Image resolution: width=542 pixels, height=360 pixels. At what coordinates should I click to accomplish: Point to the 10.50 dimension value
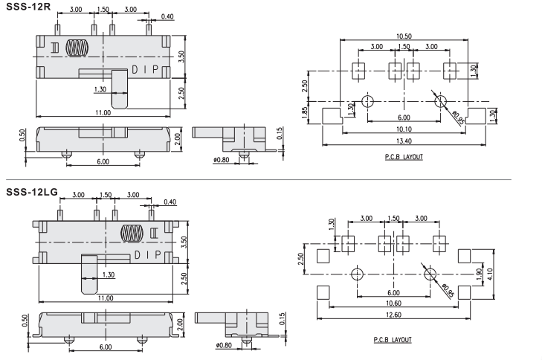404,36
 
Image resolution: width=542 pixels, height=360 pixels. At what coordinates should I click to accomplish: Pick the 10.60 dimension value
393,303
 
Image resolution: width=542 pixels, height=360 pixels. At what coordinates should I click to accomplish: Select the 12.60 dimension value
393,315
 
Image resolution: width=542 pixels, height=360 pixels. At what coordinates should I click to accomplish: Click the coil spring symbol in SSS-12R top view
76,48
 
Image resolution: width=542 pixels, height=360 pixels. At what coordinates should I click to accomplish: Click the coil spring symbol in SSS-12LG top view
132,233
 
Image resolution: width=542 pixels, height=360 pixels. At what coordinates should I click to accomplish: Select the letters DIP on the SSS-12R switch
145,69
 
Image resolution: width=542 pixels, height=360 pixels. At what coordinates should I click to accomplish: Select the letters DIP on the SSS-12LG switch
146,254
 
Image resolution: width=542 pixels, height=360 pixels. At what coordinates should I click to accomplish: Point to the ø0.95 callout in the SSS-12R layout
456,117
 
